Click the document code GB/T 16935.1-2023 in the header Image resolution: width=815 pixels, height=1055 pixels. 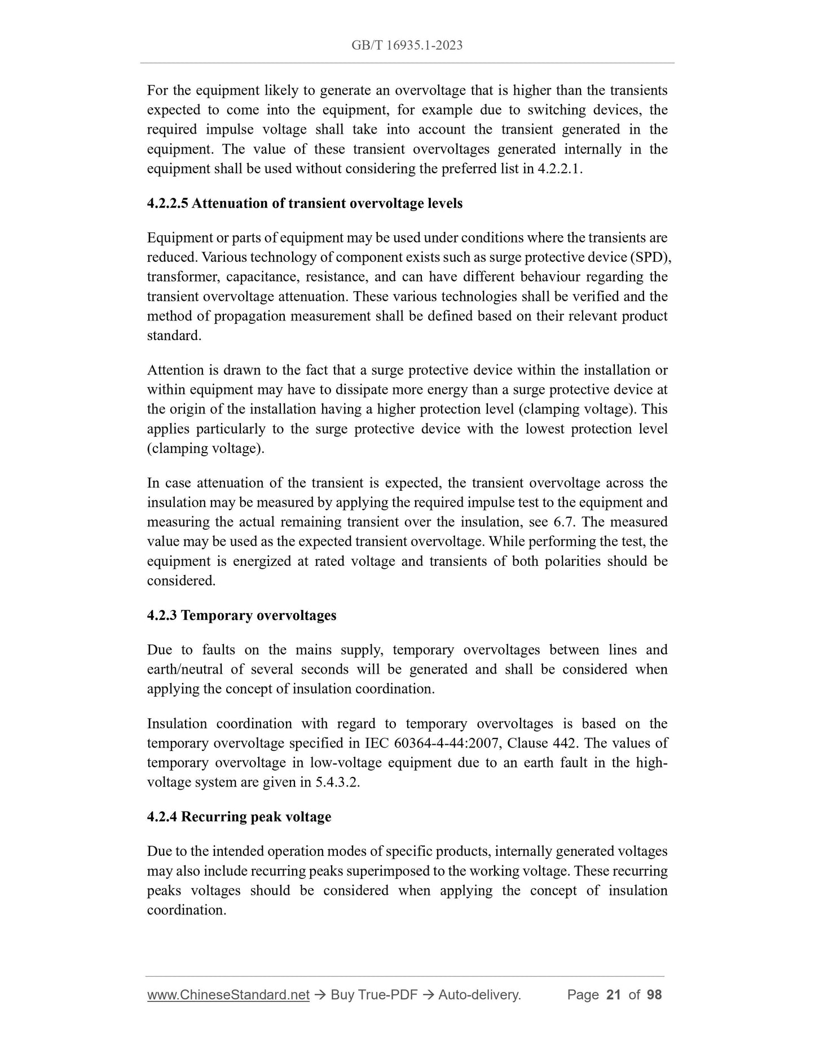[407, 46]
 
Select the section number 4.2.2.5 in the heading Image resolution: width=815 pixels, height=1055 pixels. [168, 204]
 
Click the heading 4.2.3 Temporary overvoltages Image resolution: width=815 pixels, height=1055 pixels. [241, 616]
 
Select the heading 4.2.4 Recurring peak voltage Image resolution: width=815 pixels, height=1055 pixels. [239, 817]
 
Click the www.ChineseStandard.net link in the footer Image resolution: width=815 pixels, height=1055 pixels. [228, 995]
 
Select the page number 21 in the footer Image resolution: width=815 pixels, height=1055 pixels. [613, 995]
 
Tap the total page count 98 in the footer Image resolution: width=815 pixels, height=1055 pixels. [654, 995]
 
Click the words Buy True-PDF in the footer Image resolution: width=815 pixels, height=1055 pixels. [374, 995]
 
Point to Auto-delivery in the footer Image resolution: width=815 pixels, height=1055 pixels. [479, 995]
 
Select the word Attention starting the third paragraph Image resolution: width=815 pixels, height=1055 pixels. [174, 371]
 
